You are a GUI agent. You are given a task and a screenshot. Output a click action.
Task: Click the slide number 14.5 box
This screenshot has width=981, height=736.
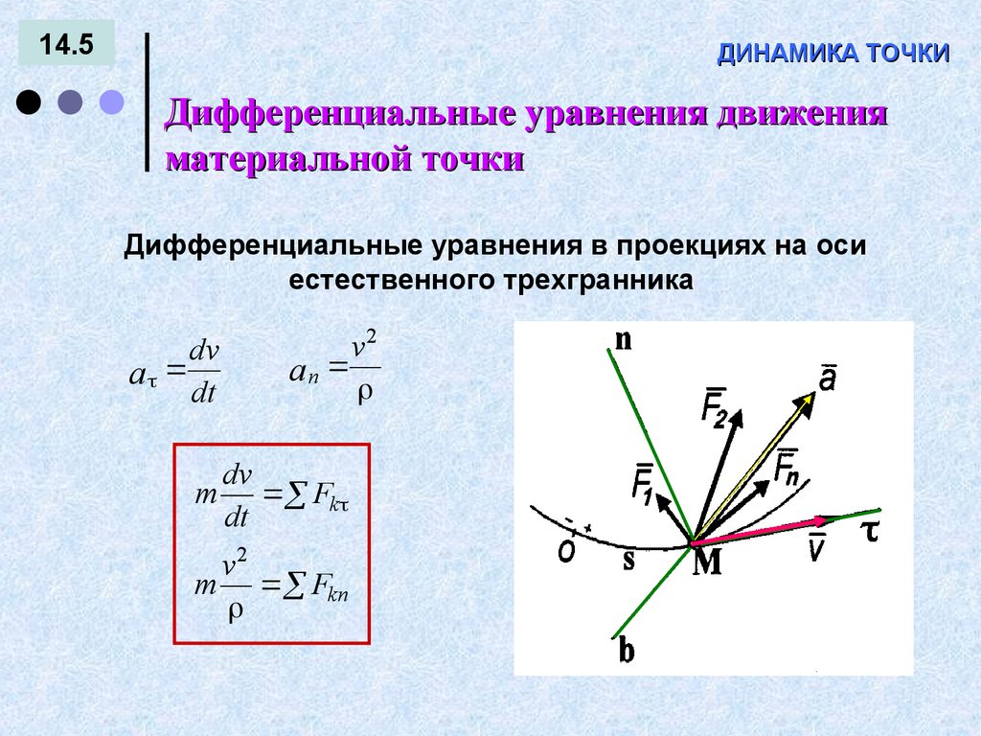tap(65, 45)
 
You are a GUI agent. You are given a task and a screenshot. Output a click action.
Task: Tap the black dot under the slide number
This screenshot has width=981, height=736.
tap(29, 102)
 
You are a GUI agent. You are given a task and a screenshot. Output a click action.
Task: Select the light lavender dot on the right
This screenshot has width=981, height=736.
tap(113, 102)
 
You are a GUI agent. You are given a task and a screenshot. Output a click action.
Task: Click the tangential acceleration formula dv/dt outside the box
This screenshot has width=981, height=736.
tap(174, 375)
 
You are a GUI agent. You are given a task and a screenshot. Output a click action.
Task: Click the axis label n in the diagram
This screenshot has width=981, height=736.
tap(623, 340)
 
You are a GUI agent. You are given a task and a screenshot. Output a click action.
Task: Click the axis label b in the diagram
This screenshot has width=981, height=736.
tap(627, 652)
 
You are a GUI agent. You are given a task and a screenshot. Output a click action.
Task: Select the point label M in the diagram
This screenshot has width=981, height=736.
tap(707, 564)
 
